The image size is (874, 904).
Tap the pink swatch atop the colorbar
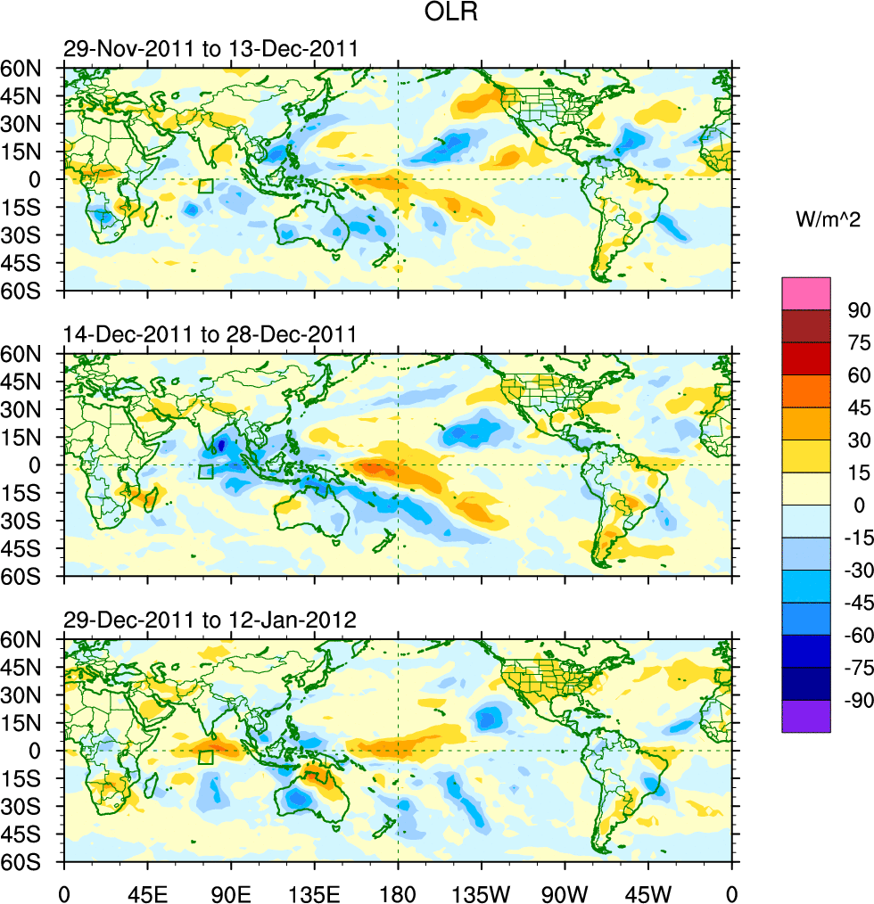[x=806, y=293]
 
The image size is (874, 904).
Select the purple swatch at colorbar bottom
[x=806, y=716]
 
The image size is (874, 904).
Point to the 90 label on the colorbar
[x=858, y=309]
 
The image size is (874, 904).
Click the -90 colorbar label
[x=854, y=701]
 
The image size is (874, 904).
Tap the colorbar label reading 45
[x=858, y=407]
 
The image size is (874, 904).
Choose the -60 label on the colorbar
[x=854, y=636]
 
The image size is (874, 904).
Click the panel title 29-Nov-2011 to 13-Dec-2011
[x=210, y=48]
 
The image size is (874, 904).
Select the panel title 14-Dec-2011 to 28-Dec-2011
[x=210, y=334]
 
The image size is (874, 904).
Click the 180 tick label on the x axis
[x=398, y=891]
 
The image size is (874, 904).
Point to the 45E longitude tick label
[x=147, y=891]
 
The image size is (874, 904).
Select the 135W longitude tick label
[x=481, y=891]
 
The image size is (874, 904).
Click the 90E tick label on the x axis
[x=231, y=891]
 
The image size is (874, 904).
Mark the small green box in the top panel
[x=206, y=186]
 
